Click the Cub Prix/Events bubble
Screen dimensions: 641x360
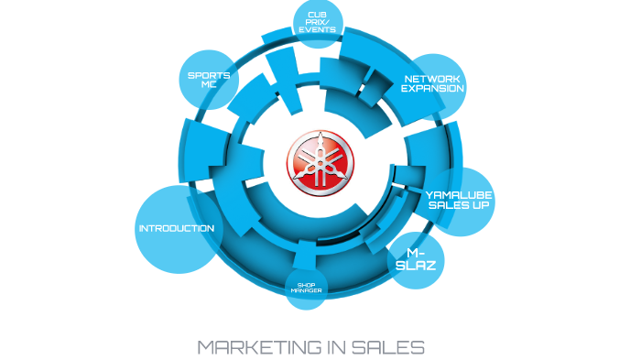coord(318,22)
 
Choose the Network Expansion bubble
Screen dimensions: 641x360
coord(433,83)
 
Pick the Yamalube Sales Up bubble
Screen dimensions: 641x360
coord(459,200)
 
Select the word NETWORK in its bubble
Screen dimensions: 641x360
coord(432,79)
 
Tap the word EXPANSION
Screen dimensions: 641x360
coord(433,89)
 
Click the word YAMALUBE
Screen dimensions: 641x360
coord(460,194)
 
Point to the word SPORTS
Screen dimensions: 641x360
coord(208,74)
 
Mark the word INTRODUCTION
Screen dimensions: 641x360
coord(176,229)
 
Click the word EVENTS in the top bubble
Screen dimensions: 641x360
coord(318,30)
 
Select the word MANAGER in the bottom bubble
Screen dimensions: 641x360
coord(306,290)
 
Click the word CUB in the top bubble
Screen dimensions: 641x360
coord(318,15)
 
